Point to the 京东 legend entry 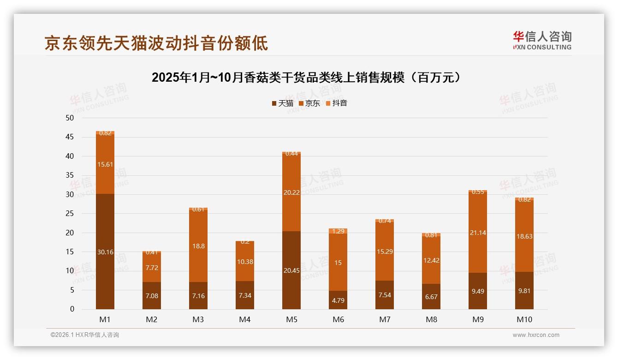coord(309,103)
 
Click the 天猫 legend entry coord(282,103)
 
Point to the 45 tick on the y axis coord(70,137)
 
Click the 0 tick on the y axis coord(72,309)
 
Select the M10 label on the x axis coord(524,319)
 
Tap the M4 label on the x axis coord(244,319)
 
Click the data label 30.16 coord(105,252)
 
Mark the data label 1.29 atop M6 coord(338,231)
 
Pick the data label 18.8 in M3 coord(198,246)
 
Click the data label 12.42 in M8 coord(431,260)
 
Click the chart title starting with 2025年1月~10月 coord(306,78)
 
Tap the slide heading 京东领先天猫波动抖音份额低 coord(156,43)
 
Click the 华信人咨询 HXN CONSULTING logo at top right coord(542,41)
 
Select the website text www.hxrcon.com coord(536,335)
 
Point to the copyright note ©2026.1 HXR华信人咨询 coord(85,335)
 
